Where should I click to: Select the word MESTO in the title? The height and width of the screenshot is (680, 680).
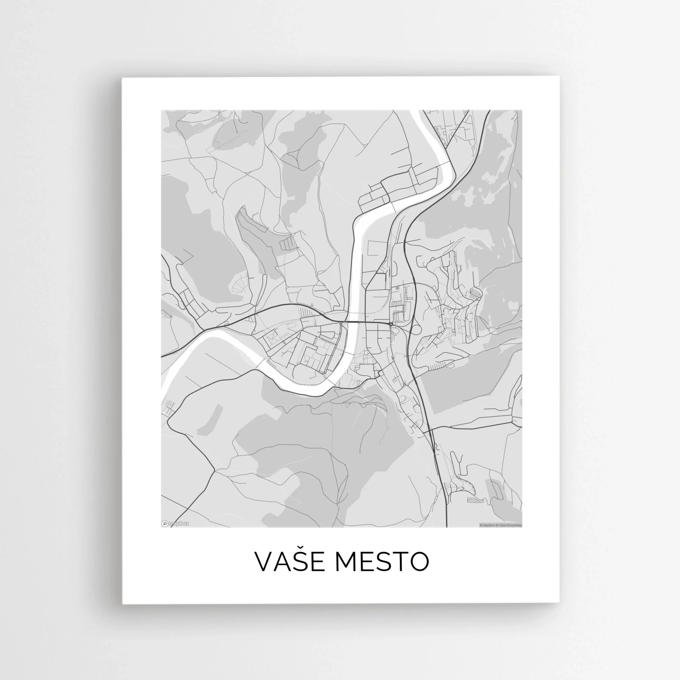[x=382, y=562]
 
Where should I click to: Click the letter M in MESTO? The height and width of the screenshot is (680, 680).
[x=345, y=562]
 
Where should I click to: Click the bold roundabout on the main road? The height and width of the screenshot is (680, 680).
[x=391, y=324]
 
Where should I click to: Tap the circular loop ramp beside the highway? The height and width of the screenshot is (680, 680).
[x=415, y=330]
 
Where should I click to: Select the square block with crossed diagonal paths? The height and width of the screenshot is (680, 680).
[x=272, y=339]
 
